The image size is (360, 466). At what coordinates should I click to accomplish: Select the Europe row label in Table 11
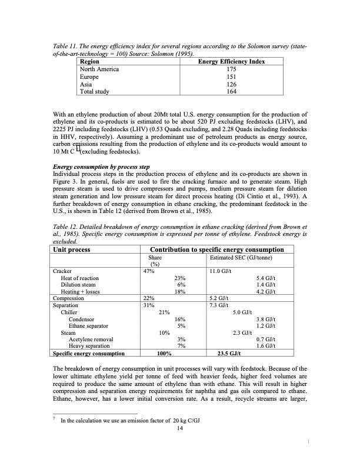[89, 76]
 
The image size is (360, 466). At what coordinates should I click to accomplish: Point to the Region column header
[89, 61]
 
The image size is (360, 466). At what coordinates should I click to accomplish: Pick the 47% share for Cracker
[149, 271]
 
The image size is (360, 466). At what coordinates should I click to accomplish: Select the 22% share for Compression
[149, 298]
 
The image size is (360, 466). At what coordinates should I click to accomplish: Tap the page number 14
[180, 428]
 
